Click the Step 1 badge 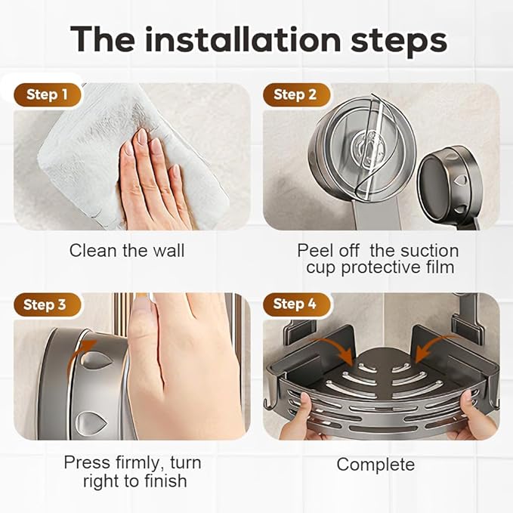click(x=47, y=94)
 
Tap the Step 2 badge click(x=295, y=94)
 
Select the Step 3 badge click(x=44, y=304)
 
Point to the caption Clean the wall click(x=126, y=251)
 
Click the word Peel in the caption click(x=317, y=250)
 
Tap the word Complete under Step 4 click(x=375, y=464)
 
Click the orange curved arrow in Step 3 click(x=85, y=355)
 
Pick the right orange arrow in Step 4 click(x=427, y=347)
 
